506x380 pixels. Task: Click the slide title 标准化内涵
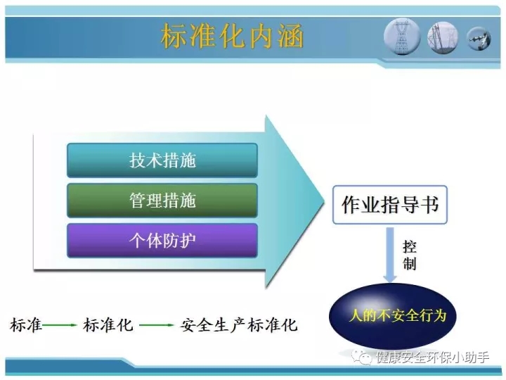click(232, 36)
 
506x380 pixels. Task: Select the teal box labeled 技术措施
click(162, 160)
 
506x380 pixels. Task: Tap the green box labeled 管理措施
click(162, 201)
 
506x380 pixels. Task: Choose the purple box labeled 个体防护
click(162, 241)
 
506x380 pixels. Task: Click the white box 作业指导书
click(390, 205)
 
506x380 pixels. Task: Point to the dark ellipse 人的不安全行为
click(392, 316)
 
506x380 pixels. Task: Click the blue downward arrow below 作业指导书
click(390, 255)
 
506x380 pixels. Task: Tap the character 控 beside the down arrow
click(410, 247)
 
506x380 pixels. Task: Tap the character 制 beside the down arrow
click(410, 263)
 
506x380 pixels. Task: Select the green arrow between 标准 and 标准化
click(60, 324)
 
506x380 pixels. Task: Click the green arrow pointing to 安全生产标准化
click(157, 324)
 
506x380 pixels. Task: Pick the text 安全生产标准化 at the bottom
click(239, 324)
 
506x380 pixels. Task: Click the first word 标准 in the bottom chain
click(26, 324)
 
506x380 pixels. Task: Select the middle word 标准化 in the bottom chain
click(108, 324)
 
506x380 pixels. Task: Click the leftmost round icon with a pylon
click(402, 37)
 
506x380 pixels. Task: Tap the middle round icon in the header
click(443, 37)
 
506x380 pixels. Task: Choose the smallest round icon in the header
click(479, 39)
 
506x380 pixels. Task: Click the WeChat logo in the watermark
click(361, 357)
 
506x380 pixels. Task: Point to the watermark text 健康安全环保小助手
click(432, 357)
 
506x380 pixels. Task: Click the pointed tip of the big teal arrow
click(324, 202)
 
